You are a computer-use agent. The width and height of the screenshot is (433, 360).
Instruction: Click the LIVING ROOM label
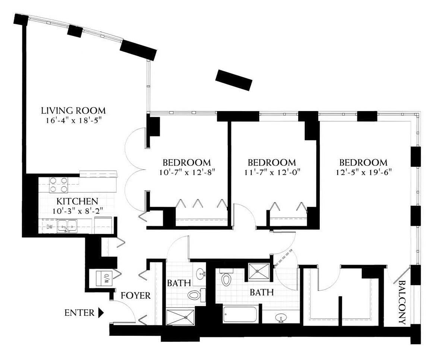coord(73,111)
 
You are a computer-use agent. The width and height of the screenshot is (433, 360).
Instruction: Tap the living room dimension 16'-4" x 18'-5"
coord(73,121)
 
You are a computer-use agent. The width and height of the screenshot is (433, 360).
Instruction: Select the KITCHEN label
coord(77,201)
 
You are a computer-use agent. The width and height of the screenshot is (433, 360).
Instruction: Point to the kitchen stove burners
coord(59,185)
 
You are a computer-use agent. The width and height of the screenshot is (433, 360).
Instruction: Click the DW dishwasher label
coord(50,227)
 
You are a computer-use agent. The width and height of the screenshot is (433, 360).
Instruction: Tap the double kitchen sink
coord(67,226)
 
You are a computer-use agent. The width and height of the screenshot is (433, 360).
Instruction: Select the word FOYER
coord(136,296)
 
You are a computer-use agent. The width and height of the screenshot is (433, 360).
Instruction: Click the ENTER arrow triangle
coord(101,313)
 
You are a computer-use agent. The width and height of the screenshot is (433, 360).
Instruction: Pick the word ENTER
coord(79,313)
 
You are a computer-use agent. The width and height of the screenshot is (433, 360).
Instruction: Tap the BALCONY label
coord(402,303)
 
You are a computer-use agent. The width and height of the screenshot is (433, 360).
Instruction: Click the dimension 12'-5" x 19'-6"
coord(364,172)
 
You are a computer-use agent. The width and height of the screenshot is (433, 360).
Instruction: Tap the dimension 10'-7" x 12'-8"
coord(187,173)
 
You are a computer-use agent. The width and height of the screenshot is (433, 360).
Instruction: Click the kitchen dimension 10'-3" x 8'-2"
coord(78,211)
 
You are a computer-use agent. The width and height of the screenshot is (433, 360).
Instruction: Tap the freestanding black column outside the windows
coord(234,80)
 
